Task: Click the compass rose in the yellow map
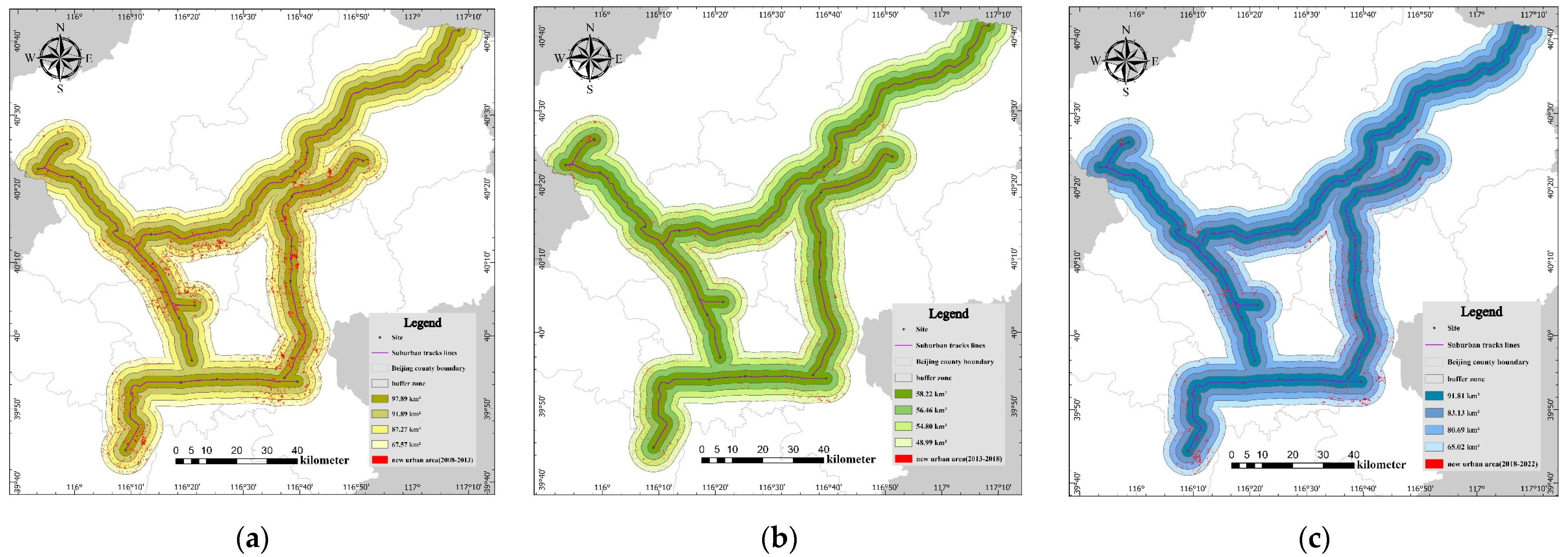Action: point(60,58)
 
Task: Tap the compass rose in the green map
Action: point(589,58)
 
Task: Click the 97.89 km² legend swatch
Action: point(380,399)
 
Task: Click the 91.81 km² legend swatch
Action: point(1434,395)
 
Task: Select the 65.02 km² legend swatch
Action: point(1434,446)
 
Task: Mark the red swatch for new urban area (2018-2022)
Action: point(1434,463)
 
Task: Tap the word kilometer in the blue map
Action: point(1381,465)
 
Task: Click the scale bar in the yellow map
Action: point(236,461)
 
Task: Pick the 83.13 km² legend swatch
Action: point(1434,412)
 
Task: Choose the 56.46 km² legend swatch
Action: point(903,410)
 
